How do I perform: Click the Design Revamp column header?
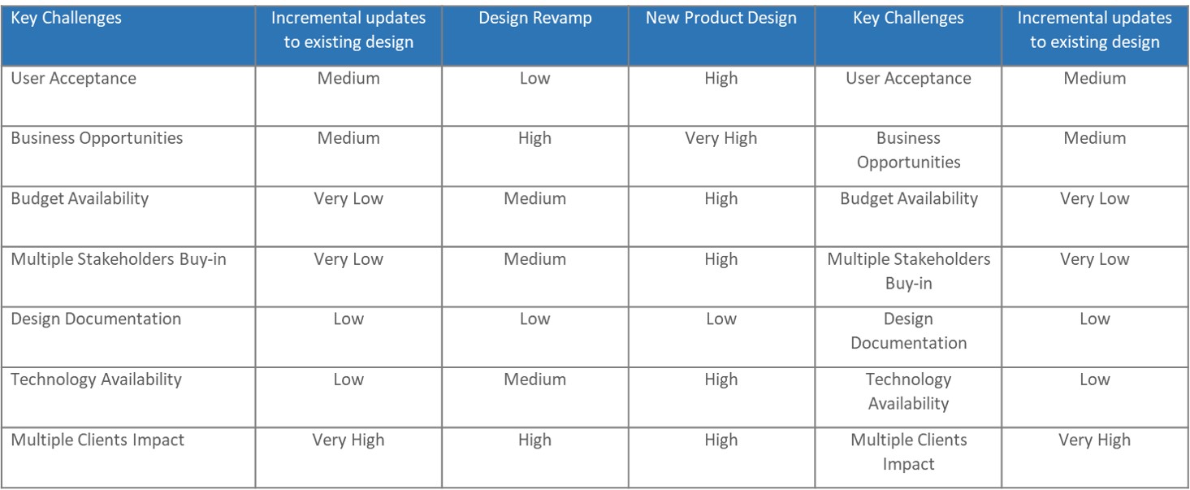click(535, 18)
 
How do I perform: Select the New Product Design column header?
click(721, 18)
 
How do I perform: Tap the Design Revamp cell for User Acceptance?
click(535, 78)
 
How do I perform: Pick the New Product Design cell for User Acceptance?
click(721, 78)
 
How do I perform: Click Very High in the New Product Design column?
click(721, 138)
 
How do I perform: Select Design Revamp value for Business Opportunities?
click(535, 138)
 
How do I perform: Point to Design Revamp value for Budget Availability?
click(535, 198)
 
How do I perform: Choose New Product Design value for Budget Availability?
click(721, 198)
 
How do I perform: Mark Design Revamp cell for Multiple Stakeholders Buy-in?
click(535, 259)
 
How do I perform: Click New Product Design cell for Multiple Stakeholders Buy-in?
click(721, 259)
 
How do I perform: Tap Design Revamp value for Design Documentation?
click(535, 319)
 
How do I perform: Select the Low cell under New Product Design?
click(721, 319)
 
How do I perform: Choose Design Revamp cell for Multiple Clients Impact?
click(535, 440)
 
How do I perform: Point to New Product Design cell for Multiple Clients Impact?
click(721, 440)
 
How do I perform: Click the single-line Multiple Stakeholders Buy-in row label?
click(119, 259)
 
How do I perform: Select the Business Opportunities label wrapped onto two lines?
click(908, 150)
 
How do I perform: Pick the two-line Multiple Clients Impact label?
click(908, 452)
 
